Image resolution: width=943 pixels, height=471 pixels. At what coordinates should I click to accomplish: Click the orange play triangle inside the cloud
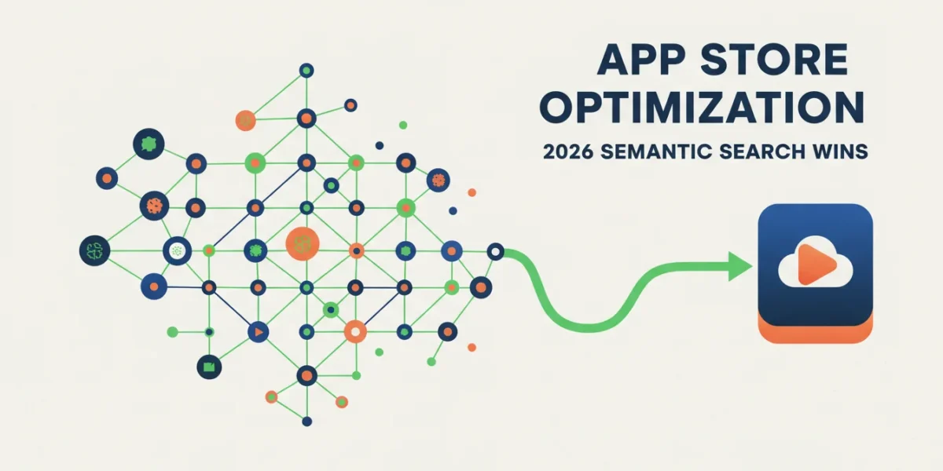[814, 265]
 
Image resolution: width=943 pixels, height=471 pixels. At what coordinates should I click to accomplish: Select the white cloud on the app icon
[816, 262]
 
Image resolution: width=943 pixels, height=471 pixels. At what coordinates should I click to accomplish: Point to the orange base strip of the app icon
[816, 334]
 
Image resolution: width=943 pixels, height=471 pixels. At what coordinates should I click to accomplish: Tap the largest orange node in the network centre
[303, 244]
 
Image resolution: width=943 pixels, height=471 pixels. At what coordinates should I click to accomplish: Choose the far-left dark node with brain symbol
[95, 250]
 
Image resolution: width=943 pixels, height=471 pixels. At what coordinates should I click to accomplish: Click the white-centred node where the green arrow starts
[496, 252]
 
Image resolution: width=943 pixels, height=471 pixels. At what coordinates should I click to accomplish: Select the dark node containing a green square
[209, 367]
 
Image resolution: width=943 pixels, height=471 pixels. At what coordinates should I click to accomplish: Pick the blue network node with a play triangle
[258, 332]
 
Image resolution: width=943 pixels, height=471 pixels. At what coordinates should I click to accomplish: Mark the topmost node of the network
[306, 70]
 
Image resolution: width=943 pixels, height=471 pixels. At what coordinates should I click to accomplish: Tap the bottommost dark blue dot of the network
[307, 421]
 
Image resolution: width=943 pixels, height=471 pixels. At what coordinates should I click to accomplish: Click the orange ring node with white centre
[355, 332]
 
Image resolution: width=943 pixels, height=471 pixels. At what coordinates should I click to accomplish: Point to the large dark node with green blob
[149, 144]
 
